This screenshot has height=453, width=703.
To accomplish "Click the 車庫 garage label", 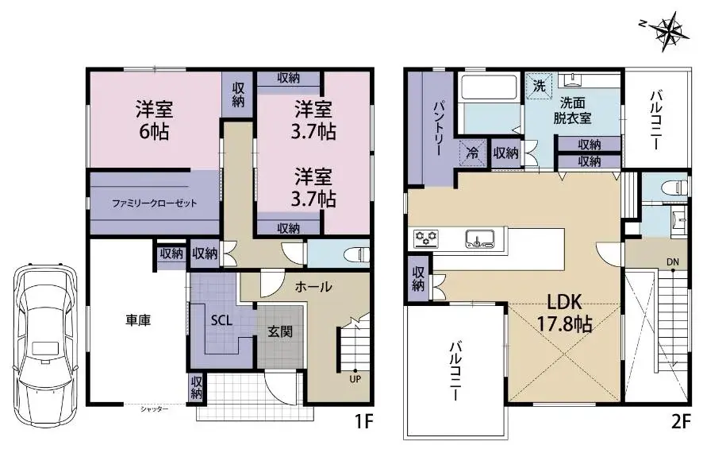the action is tap(137, 320).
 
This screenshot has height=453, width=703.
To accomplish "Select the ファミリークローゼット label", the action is tap(154, 203).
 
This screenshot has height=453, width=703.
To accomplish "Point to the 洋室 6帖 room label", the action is tap(154, 120).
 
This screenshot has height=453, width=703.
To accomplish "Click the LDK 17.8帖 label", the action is tap(564, 312).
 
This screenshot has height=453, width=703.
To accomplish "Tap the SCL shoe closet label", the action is tap(221, 320).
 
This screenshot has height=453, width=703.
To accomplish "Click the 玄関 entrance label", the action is tap(280, 331).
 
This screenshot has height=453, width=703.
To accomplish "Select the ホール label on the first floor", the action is tap(313, 286).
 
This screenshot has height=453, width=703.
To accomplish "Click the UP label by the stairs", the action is tap(355, 378).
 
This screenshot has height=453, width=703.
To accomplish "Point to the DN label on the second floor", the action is tap(673, 261).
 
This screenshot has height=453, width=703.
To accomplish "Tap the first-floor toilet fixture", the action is tap(357, 254).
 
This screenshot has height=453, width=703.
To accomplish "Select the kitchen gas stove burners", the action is tap(426, 238).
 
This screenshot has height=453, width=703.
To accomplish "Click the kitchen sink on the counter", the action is tap(480, 239).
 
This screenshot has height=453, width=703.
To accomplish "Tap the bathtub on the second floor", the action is tap(490, 87).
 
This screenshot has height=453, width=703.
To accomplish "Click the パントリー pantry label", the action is tap(438, 129).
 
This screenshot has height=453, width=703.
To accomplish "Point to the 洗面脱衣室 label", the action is tap(572, 110).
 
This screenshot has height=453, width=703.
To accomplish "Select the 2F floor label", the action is tap(680, 423).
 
